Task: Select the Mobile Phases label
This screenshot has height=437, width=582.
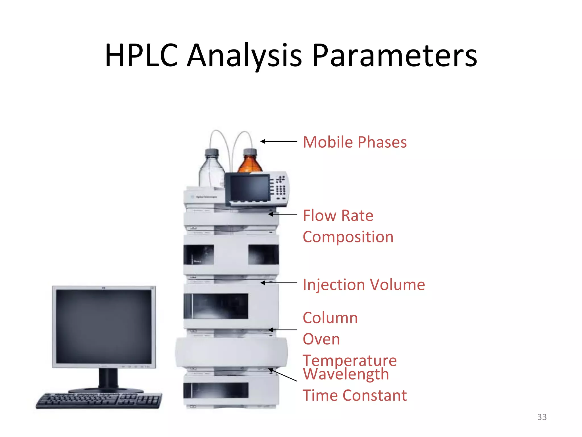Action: tap(355, 142)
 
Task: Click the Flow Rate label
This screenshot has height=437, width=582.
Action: tap(338, 215)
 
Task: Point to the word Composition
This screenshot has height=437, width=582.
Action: tap(348, 237)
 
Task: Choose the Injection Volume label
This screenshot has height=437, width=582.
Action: tap(364, 285)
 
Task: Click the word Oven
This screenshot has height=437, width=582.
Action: tap(321, 339)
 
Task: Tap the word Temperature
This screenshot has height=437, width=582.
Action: tap(350, 360)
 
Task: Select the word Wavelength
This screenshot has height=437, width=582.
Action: tap(346, 374)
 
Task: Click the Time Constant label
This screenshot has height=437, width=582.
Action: tap(355, 395)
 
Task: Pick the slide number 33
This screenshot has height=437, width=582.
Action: tap(542, 417)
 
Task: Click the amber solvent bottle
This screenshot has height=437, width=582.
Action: tap(250, 162)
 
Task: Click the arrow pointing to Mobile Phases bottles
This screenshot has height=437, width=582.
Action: tap(278, 141)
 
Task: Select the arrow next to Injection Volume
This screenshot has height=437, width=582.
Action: tap(278, 283)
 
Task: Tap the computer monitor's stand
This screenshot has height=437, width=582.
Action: tap(108, 380)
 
